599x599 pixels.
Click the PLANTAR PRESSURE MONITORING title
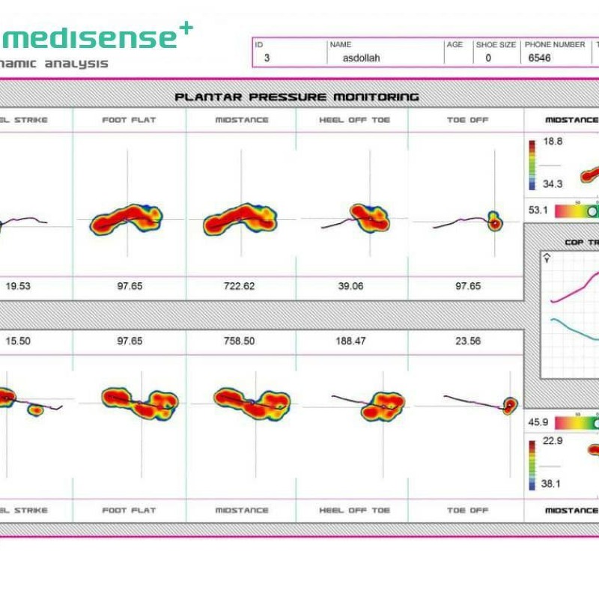[x=297, y=97]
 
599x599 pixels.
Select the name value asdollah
[x=361, y=58]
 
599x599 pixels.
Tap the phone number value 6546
[x=539, y=58]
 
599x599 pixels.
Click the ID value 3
[x=267, y=58]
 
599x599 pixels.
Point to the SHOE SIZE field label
[x=496, y=45]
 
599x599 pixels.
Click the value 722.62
[x=241, y=286]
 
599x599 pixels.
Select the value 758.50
[x=241, y=341]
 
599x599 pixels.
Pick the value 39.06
[x=352, y=286]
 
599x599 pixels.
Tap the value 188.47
[x=352, y=341]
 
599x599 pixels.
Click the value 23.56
[x=465, y=341]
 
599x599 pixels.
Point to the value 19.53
[x=20, y=286]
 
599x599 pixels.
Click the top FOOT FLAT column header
[x=129, y=120]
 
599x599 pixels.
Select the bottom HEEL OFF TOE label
[x=354, y=510]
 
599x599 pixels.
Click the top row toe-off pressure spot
[x=494, y=222]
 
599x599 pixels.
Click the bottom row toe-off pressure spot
[x=511, y=405]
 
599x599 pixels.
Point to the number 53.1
[x=538, y=210]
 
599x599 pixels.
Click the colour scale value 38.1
[x=551, y=484]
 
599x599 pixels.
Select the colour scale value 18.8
[x=553, y=141]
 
